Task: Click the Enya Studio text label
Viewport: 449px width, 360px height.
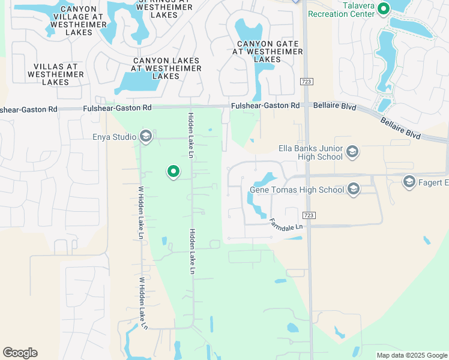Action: pos(114,137)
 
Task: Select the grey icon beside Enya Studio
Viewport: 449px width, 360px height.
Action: pos(145,137)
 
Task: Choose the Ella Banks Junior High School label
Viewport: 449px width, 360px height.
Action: pos(310,152)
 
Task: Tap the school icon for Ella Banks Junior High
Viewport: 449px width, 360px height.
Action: pos(352,152)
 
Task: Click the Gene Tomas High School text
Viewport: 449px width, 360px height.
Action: pos(297,190)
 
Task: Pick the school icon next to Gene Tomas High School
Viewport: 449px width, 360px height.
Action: pos(354,190)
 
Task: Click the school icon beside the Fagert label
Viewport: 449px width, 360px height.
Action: pos(409,181)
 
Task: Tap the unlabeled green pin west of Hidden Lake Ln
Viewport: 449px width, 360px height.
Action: pos(173,172)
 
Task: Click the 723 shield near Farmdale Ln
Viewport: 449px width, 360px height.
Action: pos(309,215)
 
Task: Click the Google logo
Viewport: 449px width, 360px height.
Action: pos(20,353)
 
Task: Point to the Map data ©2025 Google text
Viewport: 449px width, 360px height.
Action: pos(412,355)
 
